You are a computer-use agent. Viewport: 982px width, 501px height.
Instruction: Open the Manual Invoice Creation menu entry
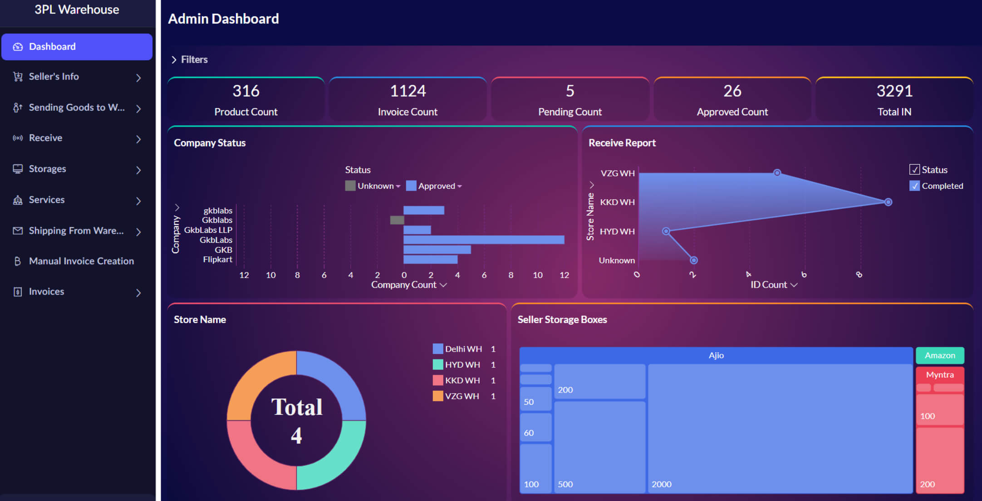pos(81,261)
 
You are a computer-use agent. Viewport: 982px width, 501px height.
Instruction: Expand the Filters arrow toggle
pos(174,60)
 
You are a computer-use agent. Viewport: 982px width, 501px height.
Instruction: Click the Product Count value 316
pos(245,91)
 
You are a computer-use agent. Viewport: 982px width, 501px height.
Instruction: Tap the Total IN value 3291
pos(894,91)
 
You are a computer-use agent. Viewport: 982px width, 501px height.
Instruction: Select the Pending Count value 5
pos(570,91)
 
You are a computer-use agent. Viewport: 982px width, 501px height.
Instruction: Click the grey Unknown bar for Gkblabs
pos(397,220)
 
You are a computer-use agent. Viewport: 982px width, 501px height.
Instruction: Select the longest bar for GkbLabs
pos(484,240)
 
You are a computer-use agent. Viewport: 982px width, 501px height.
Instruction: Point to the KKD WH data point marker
pos(888,202)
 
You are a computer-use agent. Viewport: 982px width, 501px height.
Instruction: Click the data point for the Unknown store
pos(693,260)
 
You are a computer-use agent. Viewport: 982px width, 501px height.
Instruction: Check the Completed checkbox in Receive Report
pos(914,186)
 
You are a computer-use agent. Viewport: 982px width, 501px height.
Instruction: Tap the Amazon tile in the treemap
pos(940,355)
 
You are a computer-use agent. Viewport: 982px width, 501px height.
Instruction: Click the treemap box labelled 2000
pos(780,427)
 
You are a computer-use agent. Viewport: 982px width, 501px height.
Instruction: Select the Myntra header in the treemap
pos(940,375)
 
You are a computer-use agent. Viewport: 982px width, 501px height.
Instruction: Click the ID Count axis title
pos(769,285)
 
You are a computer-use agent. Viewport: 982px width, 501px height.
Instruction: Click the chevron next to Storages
pos(138,170)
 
